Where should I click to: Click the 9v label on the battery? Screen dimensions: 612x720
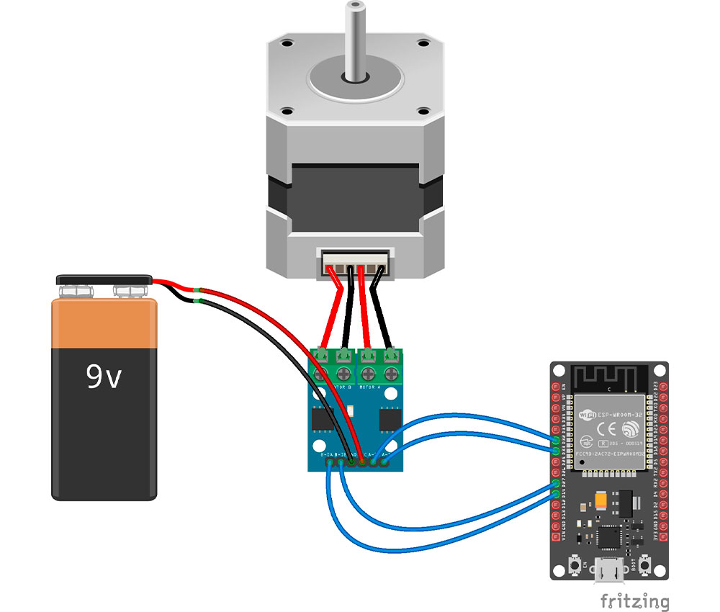click(104, 376)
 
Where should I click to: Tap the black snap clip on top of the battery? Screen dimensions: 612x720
click(104, 279)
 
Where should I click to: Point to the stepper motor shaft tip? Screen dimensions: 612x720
click(352, 9)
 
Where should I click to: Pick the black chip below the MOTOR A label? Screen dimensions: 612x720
click(390, 417)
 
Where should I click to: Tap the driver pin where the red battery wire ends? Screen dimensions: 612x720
click(361, 464)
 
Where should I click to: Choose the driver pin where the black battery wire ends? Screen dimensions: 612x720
click(351, 464)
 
